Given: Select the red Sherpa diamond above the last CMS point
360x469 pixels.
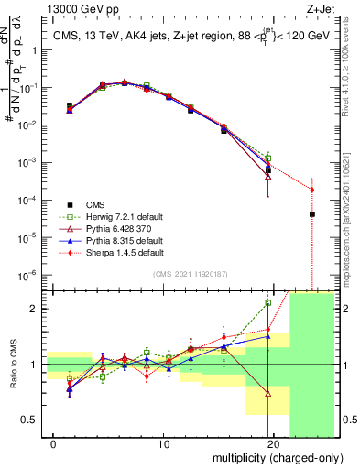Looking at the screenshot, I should click(312, 190).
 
